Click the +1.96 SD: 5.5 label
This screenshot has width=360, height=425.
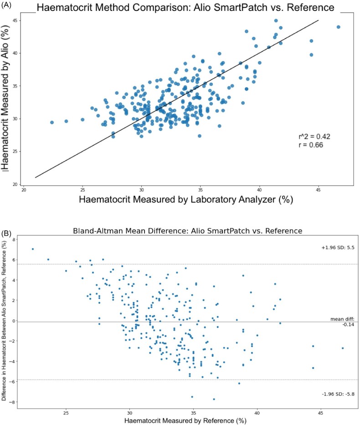[338, 247]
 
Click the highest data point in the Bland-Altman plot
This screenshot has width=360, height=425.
[33, 249]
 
